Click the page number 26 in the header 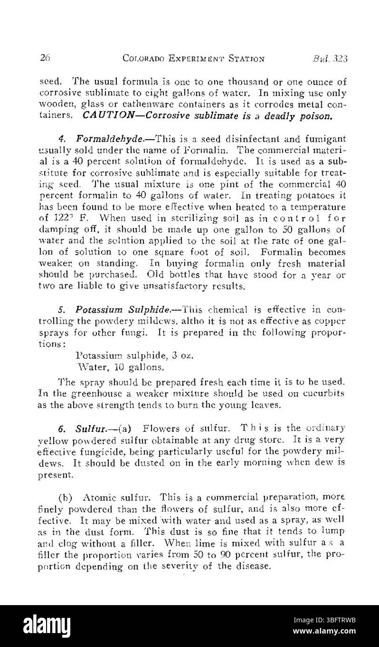click(x=45, y=58)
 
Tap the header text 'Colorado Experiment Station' click(x=193, y=59)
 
